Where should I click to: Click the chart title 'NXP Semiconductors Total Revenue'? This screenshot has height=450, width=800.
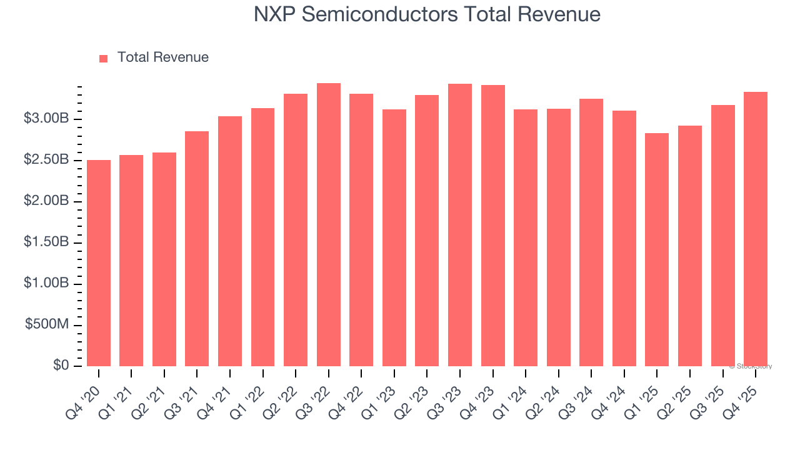pos(427,14)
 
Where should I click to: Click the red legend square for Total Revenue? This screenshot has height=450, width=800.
pos(104,58)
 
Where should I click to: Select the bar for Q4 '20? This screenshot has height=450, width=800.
pos(99,263)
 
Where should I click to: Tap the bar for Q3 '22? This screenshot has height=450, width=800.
pos(329,225)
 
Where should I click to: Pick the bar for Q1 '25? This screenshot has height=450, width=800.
pos(657,250)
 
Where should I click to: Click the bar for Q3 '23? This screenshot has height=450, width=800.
pos(460,225)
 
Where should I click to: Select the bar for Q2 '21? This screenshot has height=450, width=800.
pos(164,259)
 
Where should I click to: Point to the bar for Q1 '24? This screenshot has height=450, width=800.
pos(526,238)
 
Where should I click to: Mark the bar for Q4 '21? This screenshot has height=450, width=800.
pos(230,241)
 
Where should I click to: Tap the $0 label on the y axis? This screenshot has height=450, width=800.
pos(61,366)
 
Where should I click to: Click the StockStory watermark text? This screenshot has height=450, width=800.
pos(751,366)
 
